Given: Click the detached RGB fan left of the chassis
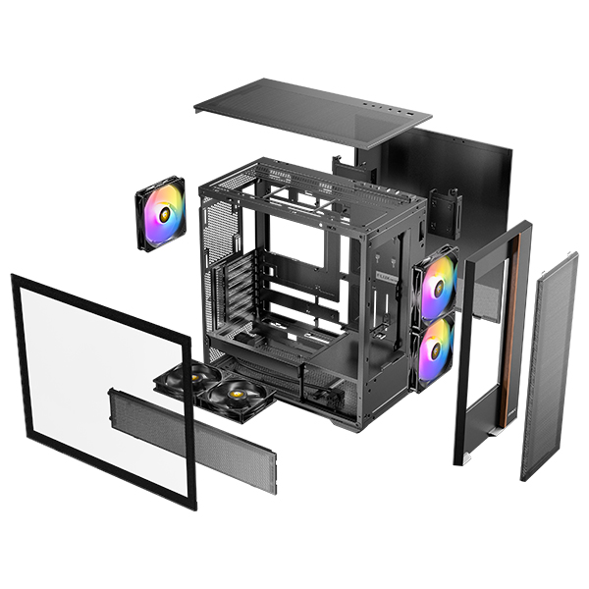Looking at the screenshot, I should (160, 214).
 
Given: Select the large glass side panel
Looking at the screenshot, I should (103, 388).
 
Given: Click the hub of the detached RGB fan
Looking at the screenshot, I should (161, 214).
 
